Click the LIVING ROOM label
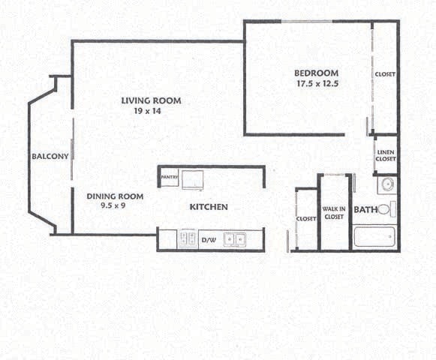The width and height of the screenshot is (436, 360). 151,100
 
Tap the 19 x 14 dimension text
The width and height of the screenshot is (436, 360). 147,111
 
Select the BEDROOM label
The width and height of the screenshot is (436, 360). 318,73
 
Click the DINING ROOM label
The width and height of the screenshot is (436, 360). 115,196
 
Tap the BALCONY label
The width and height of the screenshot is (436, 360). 50,157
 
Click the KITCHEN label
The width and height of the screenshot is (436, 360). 209,207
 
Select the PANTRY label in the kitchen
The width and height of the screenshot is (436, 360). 169,177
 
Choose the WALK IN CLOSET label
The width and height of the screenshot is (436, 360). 334,212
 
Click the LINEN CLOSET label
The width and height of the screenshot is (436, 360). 385,155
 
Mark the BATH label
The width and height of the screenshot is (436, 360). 365,210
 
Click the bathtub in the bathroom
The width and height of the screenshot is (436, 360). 374,238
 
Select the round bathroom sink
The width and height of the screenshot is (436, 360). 387,184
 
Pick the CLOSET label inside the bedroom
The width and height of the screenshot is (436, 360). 385,74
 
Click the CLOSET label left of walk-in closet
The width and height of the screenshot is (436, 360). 306,218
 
